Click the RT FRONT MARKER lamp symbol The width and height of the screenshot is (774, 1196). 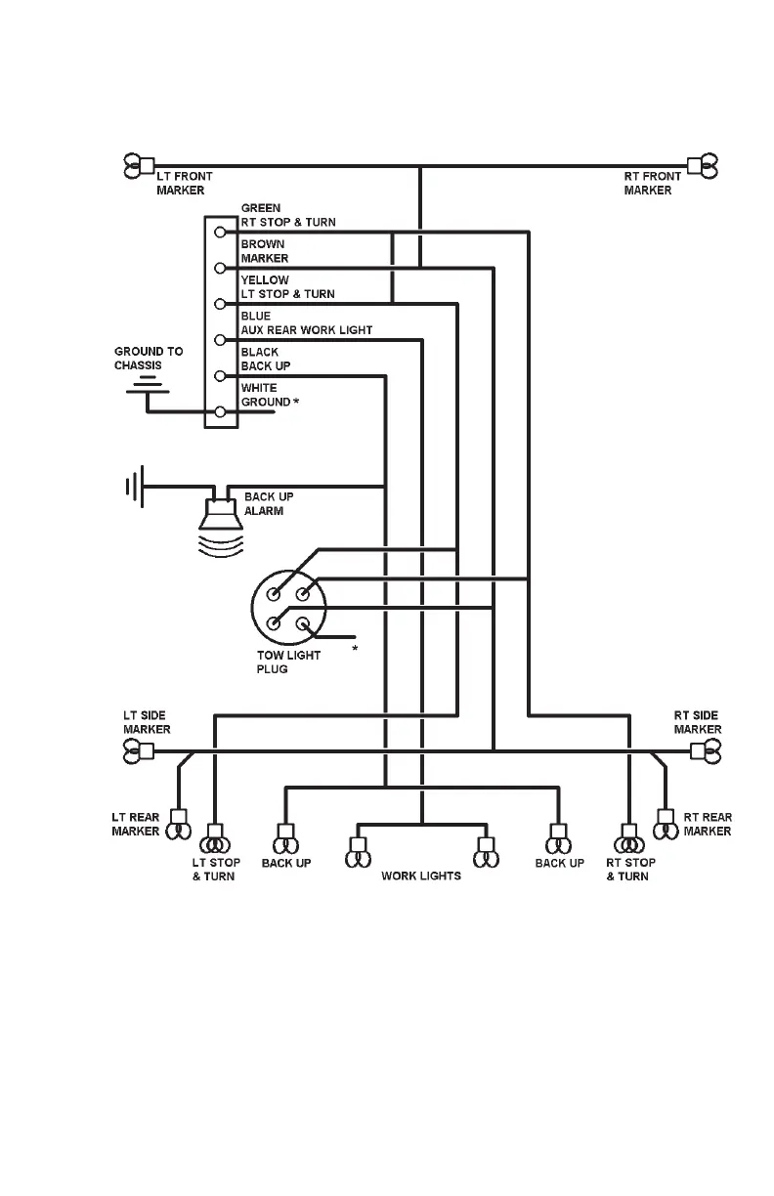click(702, 167)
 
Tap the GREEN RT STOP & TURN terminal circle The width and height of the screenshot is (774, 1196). click(221, 233)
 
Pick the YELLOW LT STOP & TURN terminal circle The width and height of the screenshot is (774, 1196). click(221, 304)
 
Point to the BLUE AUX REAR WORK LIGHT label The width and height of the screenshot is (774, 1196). click(306, 323)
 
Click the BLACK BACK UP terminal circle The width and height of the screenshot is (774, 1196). click(221, 376)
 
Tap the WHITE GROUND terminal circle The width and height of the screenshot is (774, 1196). click(221, 411)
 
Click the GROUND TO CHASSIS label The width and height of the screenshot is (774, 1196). click(149, 358)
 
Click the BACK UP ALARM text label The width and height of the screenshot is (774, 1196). click(269, 503)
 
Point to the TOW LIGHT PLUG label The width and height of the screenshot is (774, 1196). click(288, 662)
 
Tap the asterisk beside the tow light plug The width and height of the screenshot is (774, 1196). click(355, 648)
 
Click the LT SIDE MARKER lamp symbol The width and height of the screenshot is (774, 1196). click(138, 750)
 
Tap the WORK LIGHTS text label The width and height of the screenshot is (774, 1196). click(421, 876)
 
